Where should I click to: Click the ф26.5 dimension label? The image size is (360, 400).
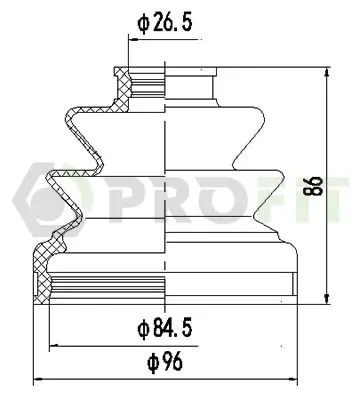coord(165,23)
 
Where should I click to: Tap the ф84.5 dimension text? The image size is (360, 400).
coord(165,328)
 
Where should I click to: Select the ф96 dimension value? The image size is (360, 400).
coord(165,362)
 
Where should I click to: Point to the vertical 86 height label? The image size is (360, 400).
coord(316,186)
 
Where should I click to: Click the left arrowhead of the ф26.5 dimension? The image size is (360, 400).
coord(133,40)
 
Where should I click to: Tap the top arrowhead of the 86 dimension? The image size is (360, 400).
coord(327,72)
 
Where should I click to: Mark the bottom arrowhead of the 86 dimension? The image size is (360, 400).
coord(327,298)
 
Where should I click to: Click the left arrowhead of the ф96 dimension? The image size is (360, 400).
coord(39,379)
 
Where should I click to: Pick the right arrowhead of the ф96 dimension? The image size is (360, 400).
coord(293,379)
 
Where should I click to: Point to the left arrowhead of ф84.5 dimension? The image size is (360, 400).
coord(54,346)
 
